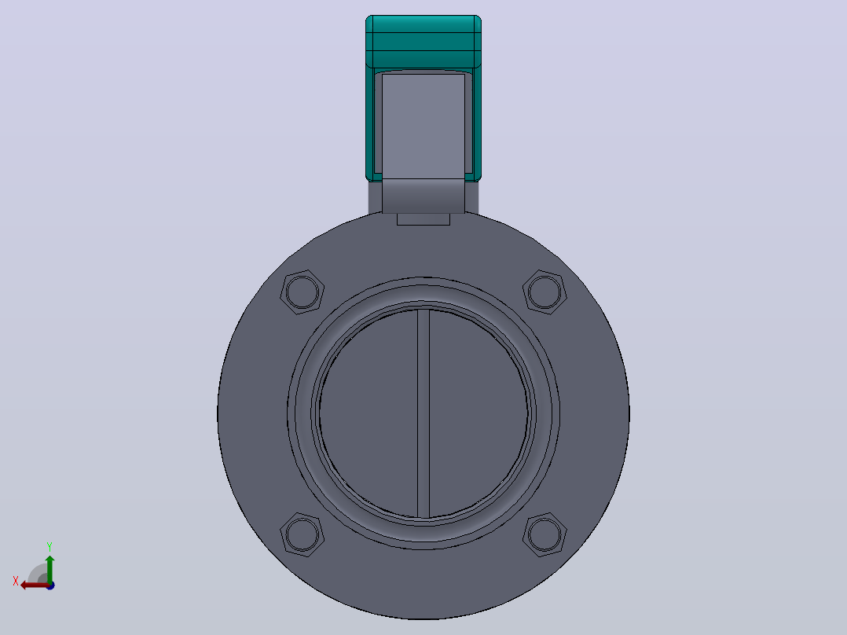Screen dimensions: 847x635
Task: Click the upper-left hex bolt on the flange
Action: [302, 292]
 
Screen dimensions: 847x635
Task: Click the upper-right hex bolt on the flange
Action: [544, 292]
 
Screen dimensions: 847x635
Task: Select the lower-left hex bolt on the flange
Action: [302, 534]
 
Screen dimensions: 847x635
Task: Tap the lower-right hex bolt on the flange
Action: [544, 534]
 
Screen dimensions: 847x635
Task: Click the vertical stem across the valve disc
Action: [423, 413]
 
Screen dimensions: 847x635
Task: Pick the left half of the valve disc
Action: [368, 413]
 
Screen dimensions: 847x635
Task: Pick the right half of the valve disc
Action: [478, 413]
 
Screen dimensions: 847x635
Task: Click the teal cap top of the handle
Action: [423, 42]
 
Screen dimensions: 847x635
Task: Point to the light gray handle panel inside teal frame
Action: [423, 126]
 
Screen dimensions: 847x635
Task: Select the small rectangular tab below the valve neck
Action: [423, 219]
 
